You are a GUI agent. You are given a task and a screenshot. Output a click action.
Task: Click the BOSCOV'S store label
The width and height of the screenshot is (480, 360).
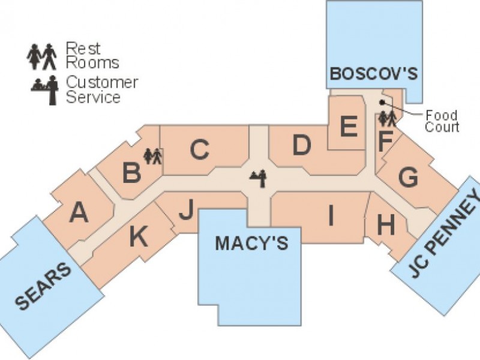click(x=374, y=73)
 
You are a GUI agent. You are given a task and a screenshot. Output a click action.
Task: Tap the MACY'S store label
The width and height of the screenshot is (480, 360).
click(x=251, y=243)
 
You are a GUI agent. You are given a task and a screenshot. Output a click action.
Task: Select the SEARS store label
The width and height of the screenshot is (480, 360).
click(x=43, y=286)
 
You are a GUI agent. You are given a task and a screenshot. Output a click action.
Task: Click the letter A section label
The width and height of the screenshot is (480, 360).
click(x=79, y=213)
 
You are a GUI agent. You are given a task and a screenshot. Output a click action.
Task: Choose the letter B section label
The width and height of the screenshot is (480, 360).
click(x=131, y=172)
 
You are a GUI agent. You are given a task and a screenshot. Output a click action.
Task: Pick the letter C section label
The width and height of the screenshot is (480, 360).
click(x=200, y=149)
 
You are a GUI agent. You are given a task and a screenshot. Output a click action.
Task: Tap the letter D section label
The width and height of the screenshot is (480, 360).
click(x=302, y=145)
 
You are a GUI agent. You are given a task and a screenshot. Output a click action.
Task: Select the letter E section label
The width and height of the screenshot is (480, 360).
click(x=349, y=126)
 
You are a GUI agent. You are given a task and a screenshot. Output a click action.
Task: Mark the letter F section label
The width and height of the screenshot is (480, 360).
click(x=385, y=141)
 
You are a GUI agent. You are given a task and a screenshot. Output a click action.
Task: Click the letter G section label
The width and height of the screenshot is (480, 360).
click(x=408, y=177)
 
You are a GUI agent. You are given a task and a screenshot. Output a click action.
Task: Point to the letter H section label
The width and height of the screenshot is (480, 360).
click(x=386, y=225)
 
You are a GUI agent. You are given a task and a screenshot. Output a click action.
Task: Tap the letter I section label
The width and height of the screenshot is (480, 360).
click(x=331, y=215)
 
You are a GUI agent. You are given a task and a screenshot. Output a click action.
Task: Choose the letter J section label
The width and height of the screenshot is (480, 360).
click(x=187, y=209)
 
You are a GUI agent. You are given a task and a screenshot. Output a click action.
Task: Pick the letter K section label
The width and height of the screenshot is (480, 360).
click(x=139, y=236)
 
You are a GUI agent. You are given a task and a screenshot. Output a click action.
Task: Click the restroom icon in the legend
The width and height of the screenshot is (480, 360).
click(x=41, y=56)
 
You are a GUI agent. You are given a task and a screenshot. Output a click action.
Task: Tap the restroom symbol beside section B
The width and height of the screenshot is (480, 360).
click(x=152, y=156)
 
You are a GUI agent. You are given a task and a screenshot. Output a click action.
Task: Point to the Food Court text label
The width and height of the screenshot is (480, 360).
click(x=442, y=121)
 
